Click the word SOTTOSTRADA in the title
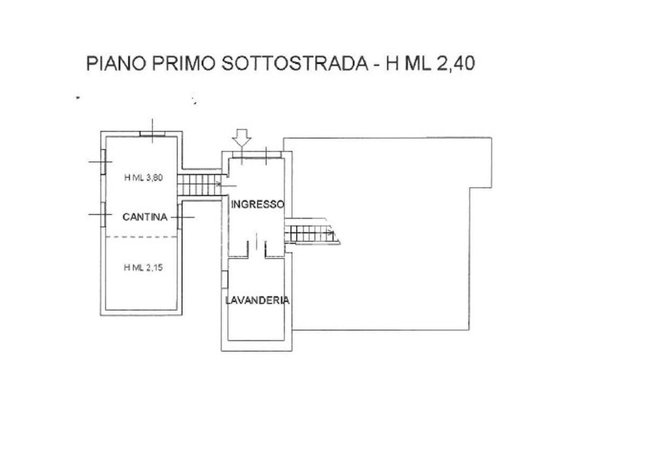coord(295,63)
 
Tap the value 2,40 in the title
coord(456,63)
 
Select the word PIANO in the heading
coord(116,63)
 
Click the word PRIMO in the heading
coord(184,63)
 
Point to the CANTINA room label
coord(145,217)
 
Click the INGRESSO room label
coord(258,204)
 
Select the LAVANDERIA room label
coord(257,300)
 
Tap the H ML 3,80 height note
coord(143,177)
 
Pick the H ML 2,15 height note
coord(143,268)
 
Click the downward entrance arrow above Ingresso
coord(242,138)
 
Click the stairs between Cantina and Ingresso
coord(199,185)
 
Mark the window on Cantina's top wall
coord(153,134)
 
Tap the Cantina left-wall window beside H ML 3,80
coord(103,162)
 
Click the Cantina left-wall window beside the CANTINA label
coord(103,215)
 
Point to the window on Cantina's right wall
coord(180,217)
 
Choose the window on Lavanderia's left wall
coord(225,279)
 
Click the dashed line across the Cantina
coord(141,237)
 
